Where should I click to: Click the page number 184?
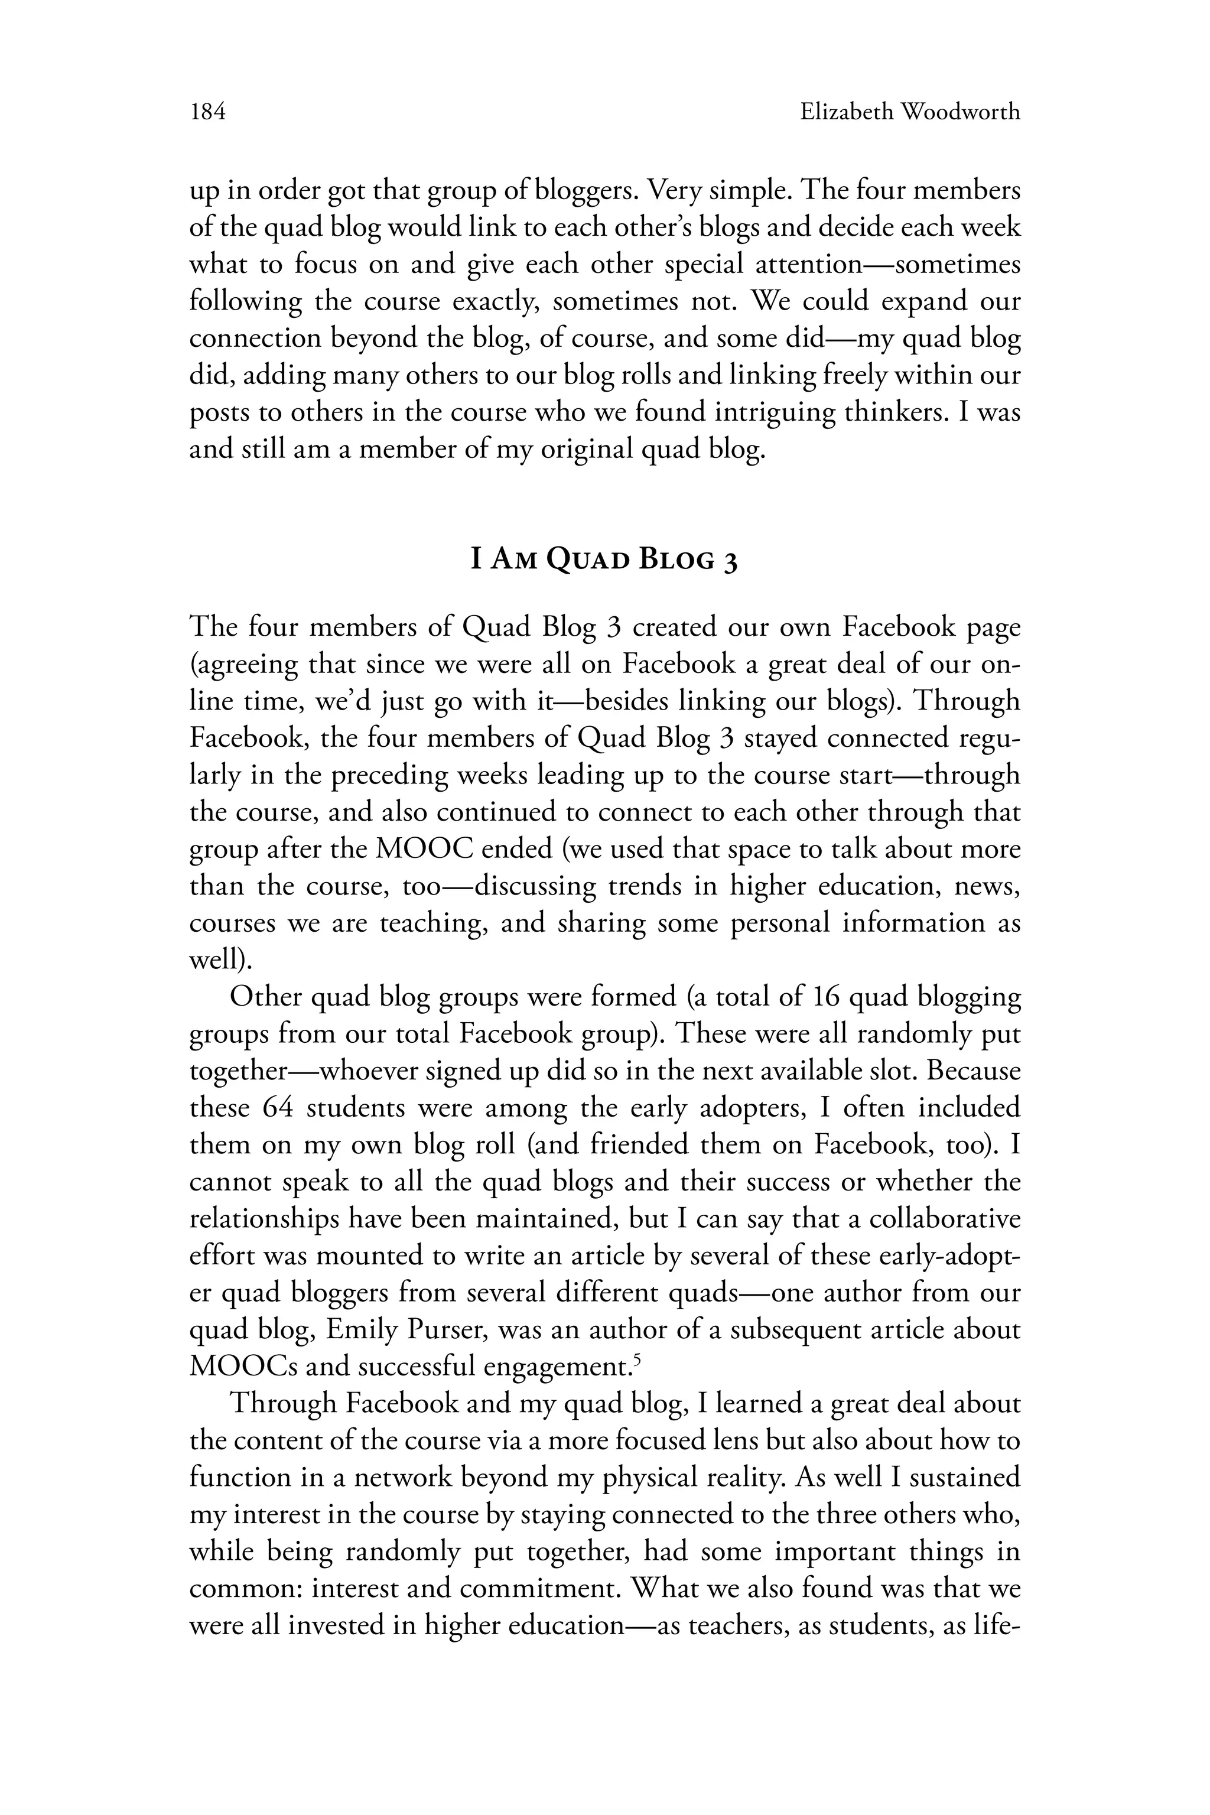tap(207, 113)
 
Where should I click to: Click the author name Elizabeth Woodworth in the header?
tap(910, 113)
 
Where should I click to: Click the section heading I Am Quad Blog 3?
tap(604, 560)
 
